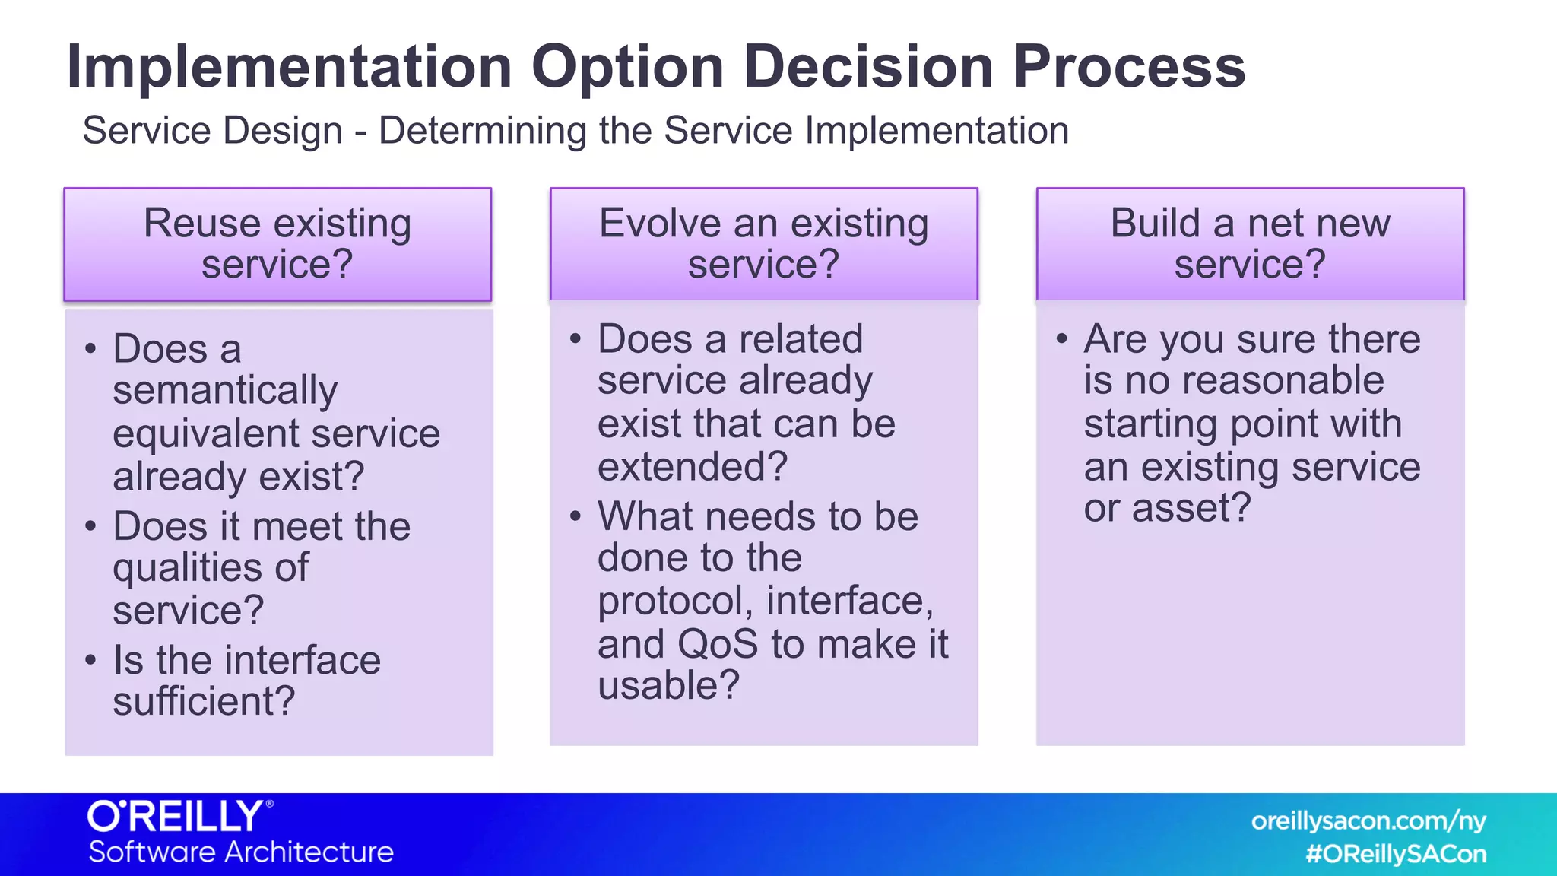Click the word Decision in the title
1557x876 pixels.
[868, 67]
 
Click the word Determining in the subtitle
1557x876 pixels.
[482, 131]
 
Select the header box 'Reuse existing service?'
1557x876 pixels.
[277, 244]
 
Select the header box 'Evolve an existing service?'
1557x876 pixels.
[763, 244]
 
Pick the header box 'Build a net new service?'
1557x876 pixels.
[1250, 244]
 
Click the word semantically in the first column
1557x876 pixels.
[225, 391]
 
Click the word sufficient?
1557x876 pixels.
[204, 701]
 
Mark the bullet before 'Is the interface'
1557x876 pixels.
[90, 659]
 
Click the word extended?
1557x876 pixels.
[693, 466]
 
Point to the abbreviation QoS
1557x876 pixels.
[717, 644]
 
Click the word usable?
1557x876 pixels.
[668, 685]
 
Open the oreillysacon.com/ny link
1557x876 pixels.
[1368, 821]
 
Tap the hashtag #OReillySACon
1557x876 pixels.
[1395, 854]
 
